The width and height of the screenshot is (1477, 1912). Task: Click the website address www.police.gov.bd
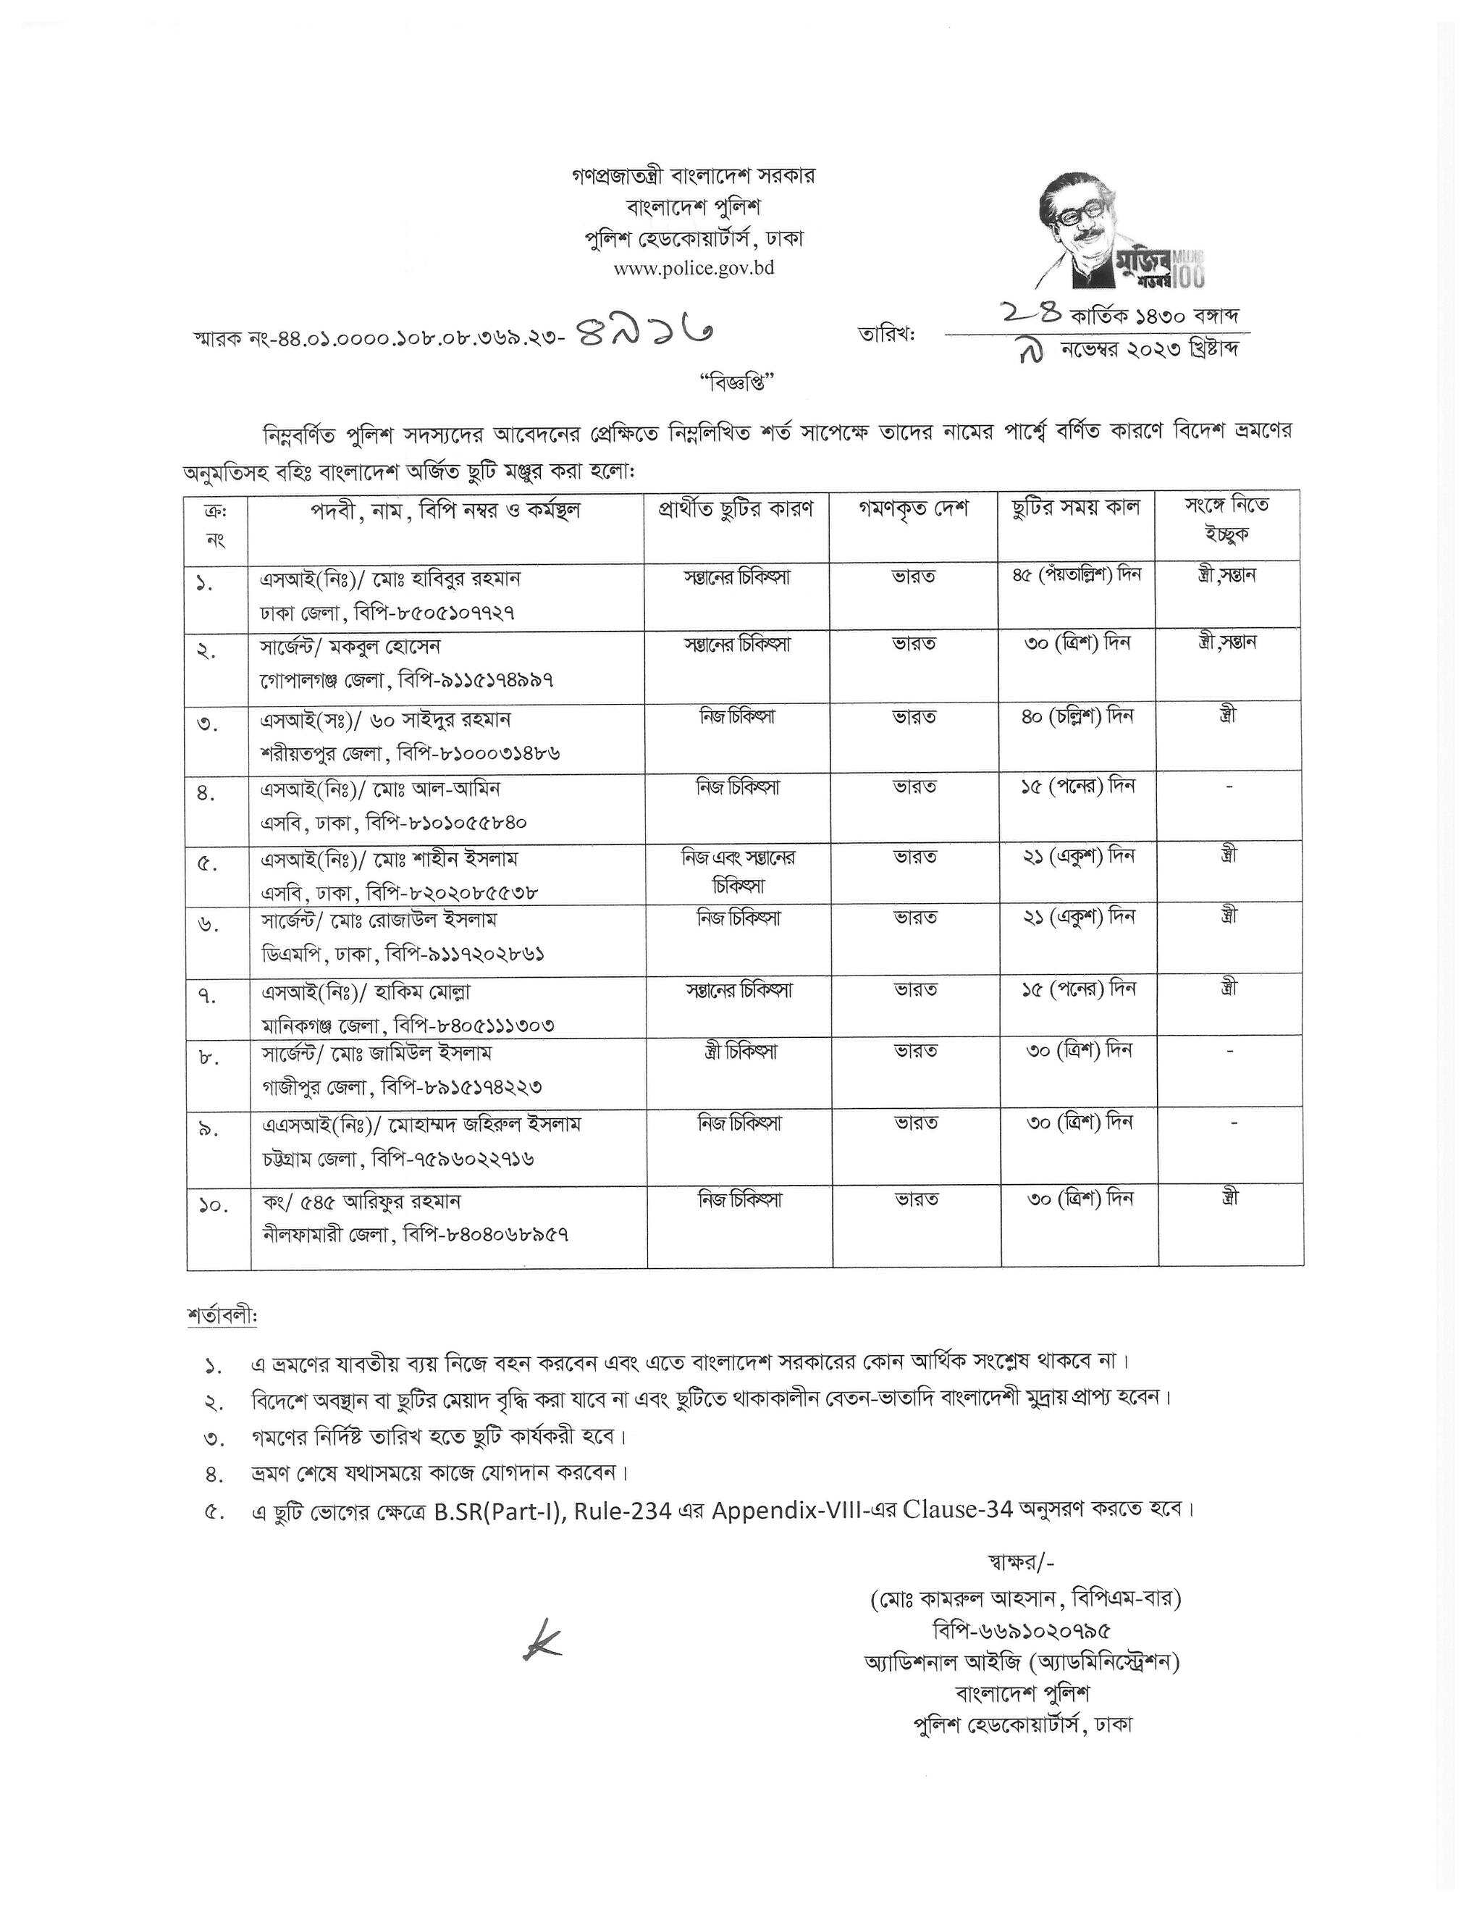coord(693,268)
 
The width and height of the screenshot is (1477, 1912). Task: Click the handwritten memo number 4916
coord(646,332)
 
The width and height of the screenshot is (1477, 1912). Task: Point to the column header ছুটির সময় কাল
coord(1075,508)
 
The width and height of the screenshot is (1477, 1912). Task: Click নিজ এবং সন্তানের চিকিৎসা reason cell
coord(738,871)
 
